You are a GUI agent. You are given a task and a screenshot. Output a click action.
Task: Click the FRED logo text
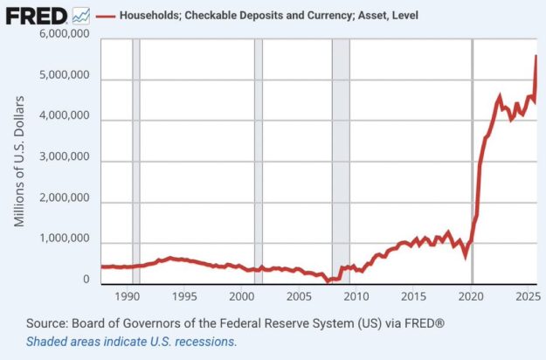coord(37,16)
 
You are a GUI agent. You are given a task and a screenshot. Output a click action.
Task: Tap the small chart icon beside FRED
coord(80,15)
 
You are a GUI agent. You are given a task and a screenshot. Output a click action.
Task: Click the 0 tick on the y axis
coord(86,280)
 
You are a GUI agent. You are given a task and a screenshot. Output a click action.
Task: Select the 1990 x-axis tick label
coord(128,296)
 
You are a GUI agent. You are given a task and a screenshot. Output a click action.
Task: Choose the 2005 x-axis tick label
coord(300,296)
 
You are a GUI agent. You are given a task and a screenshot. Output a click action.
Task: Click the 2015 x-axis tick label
coord(414,296)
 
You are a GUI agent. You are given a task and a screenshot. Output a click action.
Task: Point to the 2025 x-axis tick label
coord(527,296)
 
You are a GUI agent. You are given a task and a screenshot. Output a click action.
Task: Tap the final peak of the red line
coord(536,57)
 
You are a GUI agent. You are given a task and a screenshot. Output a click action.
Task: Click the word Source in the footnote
coord(48,323)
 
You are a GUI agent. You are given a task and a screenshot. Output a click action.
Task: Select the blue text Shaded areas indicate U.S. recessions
coord(131,342)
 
